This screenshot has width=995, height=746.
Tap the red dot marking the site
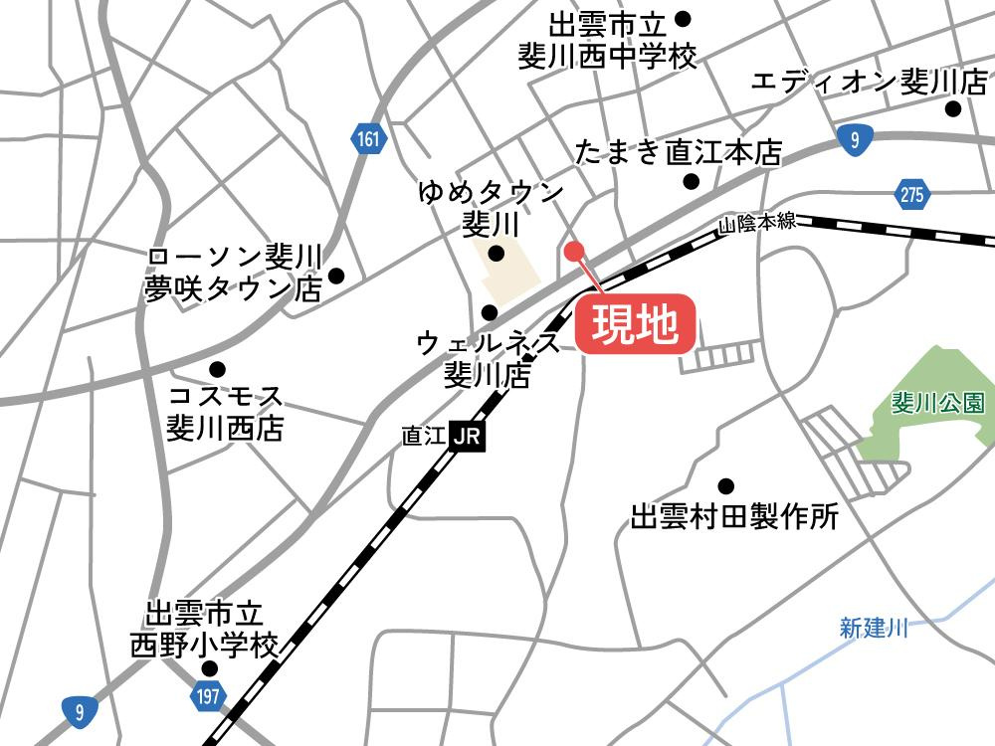(x=572, y=250)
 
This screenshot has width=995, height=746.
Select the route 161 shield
(x=367, y=141)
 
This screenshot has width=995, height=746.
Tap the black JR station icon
(x=468, y=436)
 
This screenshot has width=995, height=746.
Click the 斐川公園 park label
(x=937, y=403)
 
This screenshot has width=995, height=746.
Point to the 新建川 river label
(x=874, y=628)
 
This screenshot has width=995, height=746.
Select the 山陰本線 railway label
(x=758, y=224)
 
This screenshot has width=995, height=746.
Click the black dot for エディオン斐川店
(x=953, y=109)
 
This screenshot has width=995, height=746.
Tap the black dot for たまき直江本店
(x=691, y=181)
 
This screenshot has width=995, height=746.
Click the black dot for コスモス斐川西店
(x=217, y=368)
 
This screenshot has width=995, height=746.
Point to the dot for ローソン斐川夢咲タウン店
(x=336, y=276)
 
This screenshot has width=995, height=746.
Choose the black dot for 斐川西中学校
(x=683, y=18)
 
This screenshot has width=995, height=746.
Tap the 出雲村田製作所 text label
(x=735, y=517)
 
